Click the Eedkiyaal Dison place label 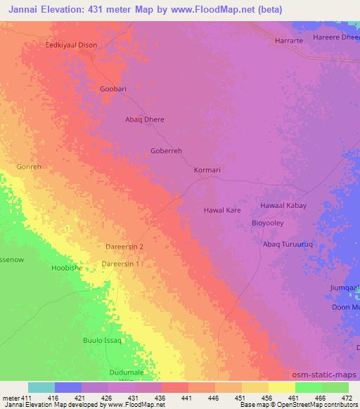71,45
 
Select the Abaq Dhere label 144,119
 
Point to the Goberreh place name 167,150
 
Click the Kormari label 208,170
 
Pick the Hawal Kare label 223,210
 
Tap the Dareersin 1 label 120,264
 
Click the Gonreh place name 30,168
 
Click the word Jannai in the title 20,8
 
